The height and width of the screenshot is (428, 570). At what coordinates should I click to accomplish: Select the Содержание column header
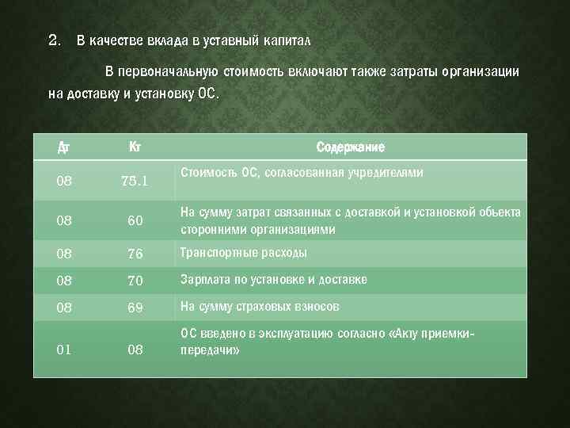point(351,147)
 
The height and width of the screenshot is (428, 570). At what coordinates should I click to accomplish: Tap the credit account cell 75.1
point(135,181)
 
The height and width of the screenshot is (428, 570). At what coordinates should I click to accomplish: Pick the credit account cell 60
point(135,221)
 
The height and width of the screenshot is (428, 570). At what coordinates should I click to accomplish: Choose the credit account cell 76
point(135,254)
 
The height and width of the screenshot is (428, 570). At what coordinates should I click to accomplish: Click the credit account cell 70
point(135,281)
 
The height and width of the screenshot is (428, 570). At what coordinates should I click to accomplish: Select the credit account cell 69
point(135,308)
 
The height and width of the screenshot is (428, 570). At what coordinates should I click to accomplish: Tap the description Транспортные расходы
point(244,253)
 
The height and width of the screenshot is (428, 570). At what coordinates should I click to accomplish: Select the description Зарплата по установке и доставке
point(273,280)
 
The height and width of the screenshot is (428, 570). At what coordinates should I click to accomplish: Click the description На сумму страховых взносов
point(260,307)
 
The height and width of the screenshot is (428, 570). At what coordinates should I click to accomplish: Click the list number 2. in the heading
point(54,40)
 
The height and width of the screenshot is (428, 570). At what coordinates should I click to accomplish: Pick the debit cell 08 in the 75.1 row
point(64,181)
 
